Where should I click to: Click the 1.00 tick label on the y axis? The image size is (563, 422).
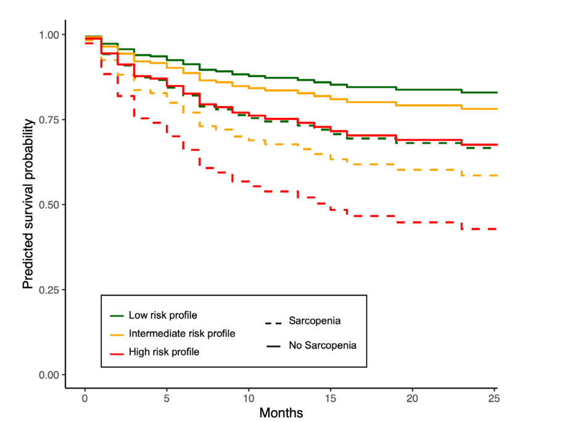coord(49,35)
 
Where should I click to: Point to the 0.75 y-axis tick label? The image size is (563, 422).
coord(49,120)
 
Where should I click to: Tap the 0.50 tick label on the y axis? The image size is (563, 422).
coord(49,205)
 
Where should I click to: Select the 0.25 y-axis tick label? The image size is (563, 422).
coord(49,290)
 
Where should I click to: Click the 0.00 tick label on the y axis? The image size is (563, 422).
coord(49,375)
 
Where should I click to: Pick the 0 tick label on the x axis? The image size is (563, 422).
coord(84,399)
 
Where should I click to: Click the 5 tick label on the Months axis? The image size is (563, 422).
coord(166,399)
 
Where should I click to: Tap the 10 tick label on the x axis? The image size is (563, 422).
coord(249,399)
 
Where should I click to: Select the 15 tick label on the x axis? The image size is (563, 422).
coord(331,399)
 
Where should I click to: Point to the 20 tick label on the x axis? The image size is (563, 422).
coord(412,399)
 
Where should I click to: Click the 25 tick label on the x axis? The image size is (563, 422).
coord(494,399)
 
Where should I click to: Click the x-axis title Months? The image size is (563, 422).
coord(281,413)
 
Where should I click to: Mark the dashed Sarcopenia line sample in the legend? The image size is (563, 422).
coord(273,323)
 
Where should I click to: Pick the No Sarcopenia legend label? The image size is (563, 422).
coord(323,346)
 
